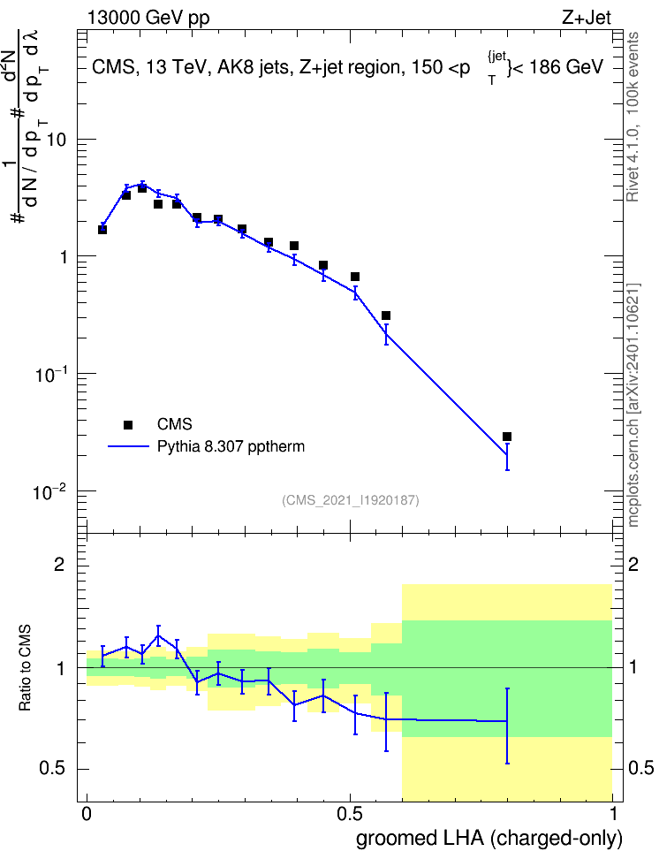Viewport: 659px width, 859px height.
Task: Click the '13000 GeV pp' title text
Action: pyautogui.click(x=148, y=19)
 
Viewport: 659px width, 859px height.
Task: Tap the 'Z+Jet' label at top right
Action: pyautogui.click(x=587, y=18)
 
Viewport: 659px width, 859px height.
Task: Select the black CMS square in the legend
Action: pyautogui.click(x=128, y=424)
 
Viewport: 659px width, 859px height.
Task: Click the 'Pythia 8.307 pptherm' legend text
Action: pyautogui.click(x=231, y=447)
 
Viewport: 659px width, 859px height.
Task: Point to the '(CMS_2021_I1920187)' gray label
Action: pyautogui.click(x=351, y=500)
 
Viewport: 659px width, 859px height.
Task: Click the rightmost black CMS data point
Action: pyautogui.click(x=507, y=437)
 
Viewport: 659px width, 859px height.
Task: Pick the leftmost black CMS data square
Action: pyautogui.click(x=102, y=230)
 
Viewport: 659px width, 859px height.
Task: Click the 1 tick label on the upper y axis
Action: pyautogui.click(x=63, y=257)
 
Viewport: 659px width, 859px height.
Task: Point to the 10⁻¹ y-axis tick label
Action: pyautogui.click(x=49, y=375)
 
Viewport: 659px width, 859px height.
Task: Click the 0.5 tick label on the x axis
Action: pyautogui.click(x=350, y=814)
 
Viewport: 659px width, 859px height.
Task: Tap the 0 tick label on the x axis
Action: pyautogui.click(x=87, y=814)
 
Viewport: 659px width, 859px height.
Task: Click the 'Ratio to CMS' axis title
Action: pyautogui.click(x=25, y=668)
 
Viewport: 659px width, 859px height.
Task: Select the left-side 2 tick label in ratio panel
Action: pyautogui.click(x=59, y=565)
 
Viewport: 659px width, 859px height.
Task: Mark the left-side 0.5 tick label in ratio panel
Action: pyautogui.click(x=53, y=769)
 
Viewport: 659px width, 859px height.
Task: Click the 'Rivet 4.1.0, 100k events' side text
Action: pyautogui.click(x=632, y=117)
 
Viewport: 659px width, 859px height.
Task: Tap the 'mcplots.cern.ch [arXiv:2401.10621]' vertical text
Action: pyautogui.click(x=633, y=405)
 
